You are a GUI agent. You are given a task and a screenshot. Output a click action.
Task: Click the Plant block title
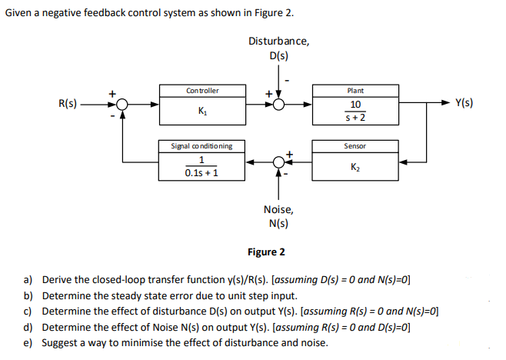tap(355, 91)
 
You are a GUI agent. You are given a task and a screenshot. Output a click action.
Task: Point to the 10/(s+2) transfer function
tap(355, 111)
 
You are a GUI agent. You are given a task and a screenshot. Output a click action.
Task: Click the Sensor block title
tap(355, 145)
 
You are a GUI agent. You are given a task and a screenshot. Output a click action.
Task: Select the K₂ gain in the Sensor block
tap(355, 166)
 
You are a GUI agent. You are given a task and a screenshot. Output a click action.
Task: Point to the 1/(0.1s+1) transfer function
tap(202, 166)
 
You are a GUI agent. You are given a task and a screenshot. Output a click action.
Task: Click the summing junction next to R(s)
tap(122, 104)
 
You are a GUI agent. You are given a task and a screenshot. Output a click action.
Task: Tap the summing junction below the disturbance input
tap(279, 104)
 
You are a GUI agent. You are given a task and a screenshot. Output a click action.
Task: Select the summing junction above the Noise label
tap(279, 162)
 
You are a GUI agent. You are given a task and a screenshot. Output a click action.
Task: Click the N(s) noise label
tap(277, 224)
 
